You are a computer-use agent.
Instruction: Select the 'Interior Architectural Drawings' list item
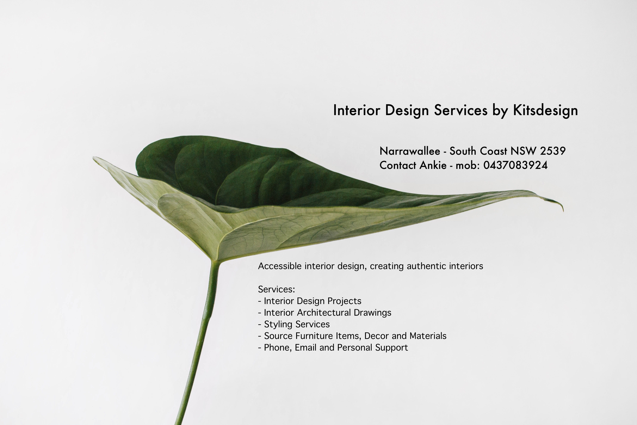(325, 312)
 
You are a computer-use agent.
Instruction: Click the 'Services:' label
(276, 289)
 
